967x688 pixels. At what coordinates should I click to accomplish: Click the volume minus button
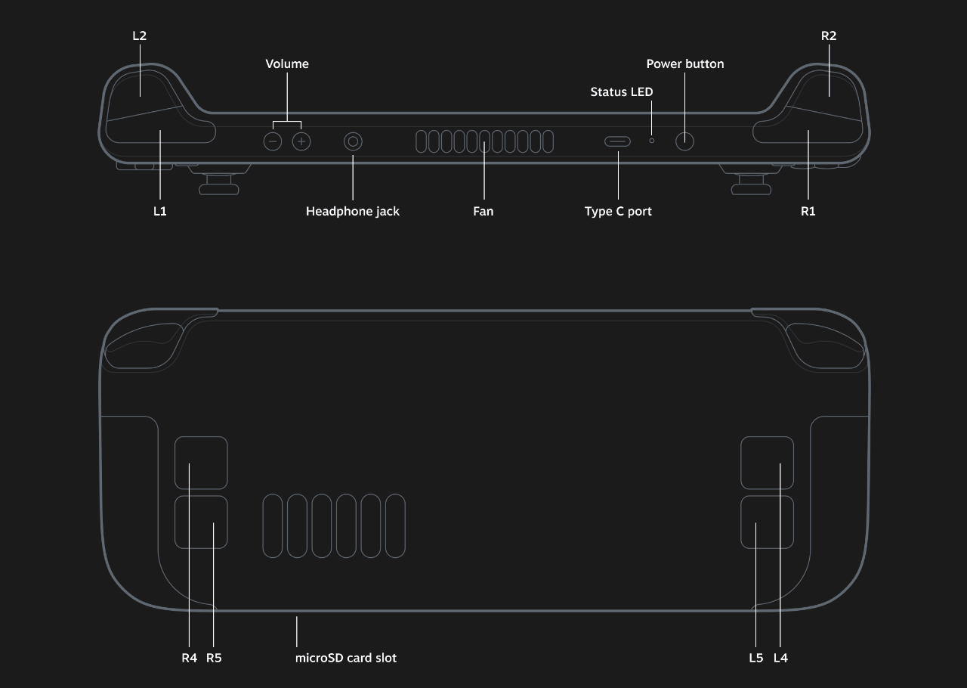pos(273,141)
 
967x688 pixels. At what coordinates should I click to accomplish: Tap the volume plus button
pos(301,141)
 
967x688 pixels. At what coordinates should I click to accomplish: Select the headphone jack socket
pos(353,141)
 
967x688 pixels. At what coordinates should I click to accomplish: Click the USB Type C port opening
pos(618,141)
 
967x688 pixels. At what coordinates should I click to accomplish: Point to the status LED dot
pos(652,141)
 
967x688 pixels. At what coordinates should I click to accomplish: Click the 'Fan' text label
pos(483,212)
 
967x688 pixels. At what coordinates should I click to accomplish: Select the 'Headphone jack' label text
pos(353,212)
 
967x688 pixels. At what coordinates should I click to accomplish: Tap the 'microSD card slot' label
pos(346,658)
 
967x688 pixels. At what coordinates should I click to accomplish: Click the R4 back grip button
pos(201,463)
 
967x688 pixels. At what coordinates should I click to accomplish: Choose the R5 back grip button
pos(201,522)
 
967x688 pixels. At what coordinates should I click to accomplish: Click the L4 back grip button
pos(767,463)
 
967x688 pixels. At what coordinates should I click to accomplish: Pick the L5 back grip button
pos(767,522)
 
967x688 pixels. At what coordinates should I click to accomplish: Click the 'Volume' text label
pos(287,64)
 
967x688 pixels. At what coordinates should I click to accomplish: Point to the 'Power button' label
pos(685,64)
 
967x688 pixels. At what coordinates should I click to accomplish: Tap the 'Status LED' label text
pos(622,92)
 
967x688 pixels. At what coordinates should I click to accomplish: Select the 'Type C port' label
pos(618,212)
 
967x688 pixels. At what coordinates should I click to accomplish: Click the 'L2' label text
pos(139,36)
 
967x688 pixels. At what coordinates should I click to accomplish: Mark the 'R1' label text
pos(808,212)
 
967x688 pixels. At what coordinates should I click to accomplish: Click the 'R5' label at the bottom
pos(214,658)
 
